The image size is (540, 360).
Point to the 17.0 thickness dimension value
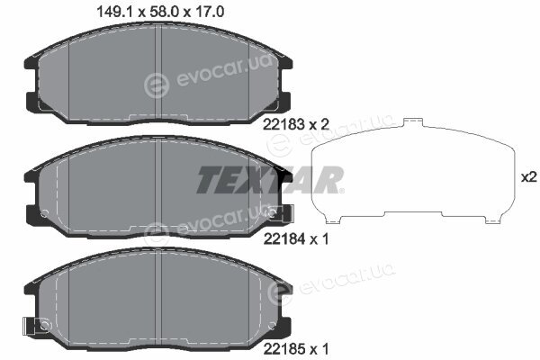click(210, 12)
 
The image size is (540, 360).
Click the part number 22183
click(283, 124)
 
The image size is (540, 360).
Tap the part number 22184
click(284, 238)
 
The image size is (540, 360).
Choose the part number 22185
click(284, 350)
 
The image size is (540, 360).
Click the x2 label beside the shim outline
click(528, 177)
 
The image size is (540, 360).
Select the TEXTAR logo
click(270, 179)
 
